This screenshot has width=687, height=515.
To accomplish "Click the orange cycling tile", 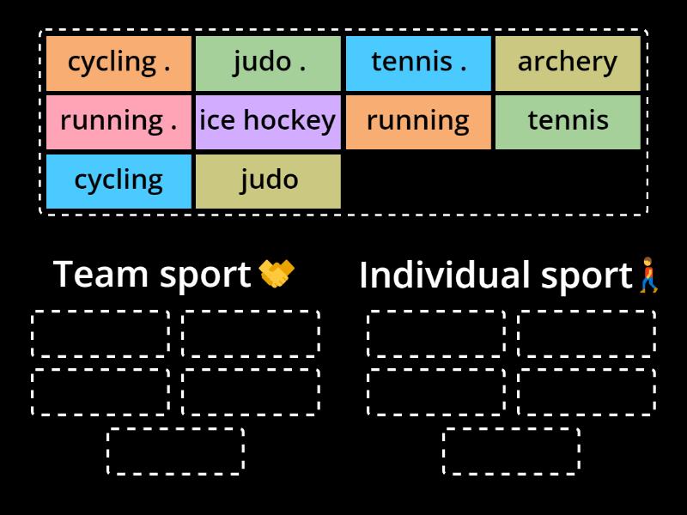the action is (x=119, y=63).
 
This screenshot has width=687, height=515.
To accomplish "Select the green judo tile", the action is (x=269, y=63).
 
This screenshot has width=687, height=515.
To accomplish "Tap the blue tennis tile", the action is (x=418, y=63).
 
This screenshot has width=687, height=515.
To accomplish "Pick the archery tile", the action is (x=568, y=63).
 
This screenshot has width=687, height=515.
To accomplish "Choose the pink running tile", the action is (x=119, y=121).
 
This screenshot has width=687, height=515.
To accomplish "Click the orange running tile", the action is (x=418, y=121).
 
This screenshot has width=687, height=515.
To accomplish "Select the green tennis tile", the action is (x=568, y=121).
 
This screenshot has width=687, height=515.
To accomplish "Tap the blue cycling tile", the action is (x=119, y=180).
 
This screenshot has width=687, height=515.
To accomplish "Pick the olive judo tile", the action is (x=269, y=180).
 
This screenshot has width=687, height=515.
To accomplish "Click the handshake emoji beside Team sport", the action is (x=277, y=275).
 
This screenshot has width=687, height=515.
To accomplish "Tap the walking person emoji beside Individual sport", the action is (x=649, y=276).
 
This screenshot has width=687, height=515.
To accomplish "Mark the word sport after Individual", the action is (x=587, y=276).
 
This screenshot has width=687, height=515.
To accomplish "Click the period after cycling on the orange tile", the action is (x=166, y=69).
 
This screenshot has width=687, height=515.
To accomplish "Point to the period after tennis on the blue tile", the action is (x=463, y=69).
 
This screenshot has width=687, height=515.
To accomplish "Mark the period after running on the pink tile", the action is (x=173, y=127).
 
